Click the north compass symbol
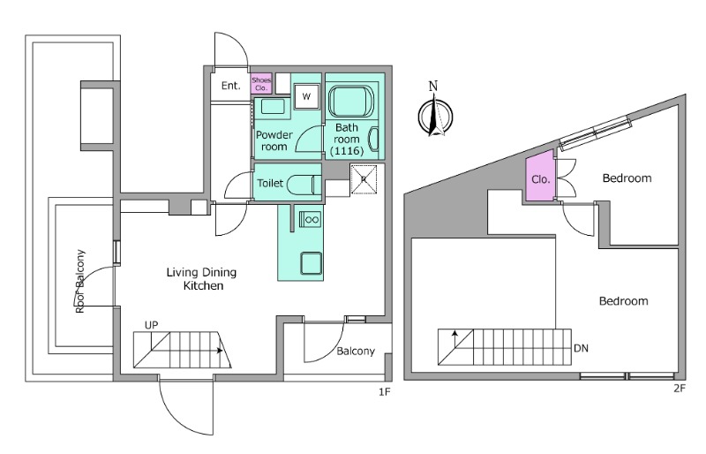pyautogui.click(x=434, y=116)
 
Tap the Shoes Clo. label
pyautogui.click(x=261, y=84)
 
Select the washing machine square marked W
pyautogui.click(x=306, y=96)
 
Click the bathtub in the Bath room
pyautogui.click(x=351, y=102)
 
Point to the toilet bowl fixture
pyautogui.click(x=304, y=185)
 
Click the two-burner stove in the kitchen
pyautogui.click(x=311, y=220)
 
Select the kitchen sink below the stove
pyautogui.click(x=312, y=263)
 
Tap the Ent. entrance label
pyautogui.click(x=230, y=86)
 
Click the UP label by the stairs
pyautogui.click(x=151, y=325)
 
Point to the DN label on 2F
pyautogui.click(x=581, y=348)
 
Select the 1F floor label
pyautogui.click(x=384, y=392)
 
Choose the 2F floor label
pyautogui.click(x=680, y=388)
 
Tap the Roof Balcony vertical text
pyautogui.click(x=80, y=282)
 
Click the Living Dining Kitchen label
pyautogui.click(x=202, y=278)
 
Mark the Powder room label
pyautogui.click(x=274, y=140)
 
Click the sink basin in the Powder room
pyautogui.click(x=273, y=107)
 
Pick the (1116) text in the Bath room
pyautogui.click(x=347, y=150)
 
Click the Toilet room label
pyautogui.click(x=270, y=183)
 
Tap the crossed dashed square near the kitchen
pyautogui.click(x=364, y=179)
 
